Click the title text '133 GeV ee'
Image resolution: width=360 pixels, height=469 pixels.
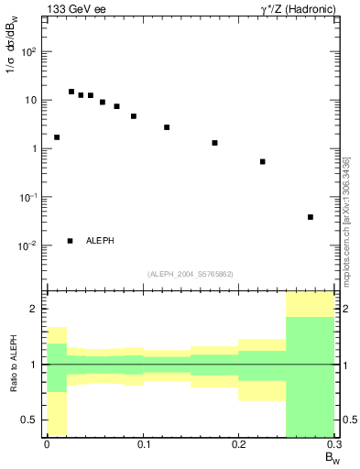pyautogui.click(x=71, y=8)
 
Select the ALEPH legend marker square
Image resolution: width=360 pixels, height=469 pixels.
pyautogui.click(x=70, y=241)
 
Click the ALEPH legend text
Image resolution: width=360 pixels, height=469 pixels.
pyautogui.click(x=100, y=241)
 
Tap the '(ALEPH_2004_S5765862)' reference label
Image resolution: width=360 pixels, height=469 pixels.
pyautogui.click(x=191, y=274)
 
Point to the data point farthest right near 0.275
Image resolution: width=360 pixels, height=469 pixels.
pyautogui.click(x=311, y=217)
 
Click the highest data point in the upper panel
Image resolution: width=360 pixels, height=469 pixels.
pyautogui.click(x=71, y=92)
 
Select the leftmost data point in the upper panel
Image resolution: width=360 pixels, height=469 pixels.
pyautogui.click(x=57, y=137)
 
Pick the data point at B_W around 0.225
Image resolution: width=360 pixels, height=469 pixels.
pyautogui.click(x=263, y=161)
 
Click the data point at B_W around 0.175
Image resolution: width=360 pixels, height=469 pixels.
pyautogui.click(x=214, y=143)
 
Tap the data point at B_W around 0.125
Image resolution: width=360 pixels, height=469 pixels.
pyautogui.click(x=167, y=127)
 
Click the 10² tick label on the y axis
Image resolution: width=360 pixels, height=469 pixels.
pyautogui.click(x=28, y=52)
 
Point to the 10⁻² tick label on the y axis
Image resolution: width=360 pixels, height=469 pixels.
pyautogui.click(x=28, y=245)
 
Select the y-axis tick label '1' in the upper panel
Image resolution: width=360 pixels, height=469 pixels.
pyautogui.click(x=33, y=148)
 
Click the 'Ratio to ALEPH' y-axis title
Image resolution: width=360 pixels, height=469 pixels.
pyautogui.click(x=13, y=365)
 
